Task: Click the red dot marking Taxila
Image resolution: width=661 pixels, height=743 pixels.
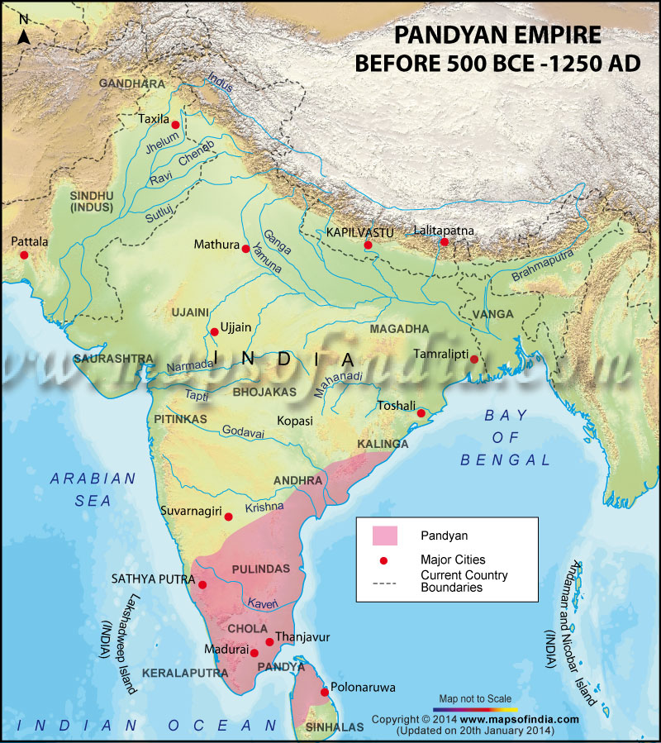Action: [x=175, y=124]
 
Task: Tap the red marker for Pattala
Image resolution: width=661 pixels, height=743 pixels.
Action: [x=24, y=255]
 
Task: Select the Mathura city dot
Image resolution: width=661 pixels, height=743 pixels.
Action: [x=245, y=248]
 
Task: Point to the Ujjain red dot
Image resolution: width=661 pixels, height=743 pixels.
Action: [x=214, y=331]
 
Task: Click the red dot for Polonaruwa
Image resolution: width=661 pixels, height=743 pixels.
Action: [x=325, y=692]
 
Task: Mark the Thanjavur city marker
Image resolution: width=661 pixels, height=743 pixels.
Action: [x=269, y=641]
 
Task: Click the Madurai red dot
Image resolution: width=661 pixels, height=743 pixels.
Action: [x=254, y=653]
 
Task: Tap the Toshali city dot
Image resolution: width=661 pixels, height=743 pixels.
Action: [x=421, y=413]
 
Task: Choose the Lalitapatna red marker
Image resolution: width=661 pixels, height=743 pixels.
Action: [x=445, y=242]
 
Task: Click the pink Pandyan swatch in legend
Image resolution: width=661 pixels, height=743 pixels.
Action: [x=385, y=536]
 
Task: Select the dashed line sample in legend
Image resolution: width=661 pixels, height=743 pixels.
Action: [x=385, y=583]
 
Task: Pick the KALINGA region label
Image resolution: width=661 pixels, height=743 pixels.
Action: [x=383, y=445]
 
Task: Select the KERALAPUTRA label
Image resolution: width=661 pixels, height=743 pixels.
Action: [x=185, y=674]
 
